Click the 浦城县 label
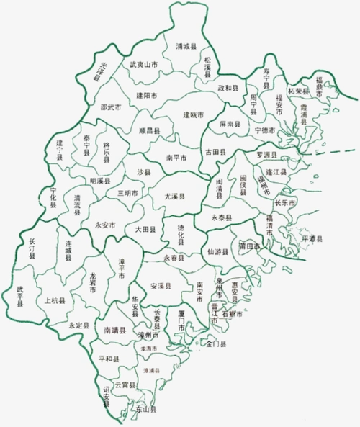pos(186,46)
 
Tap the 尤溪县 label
pos(173,197)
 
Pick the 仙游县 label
pos(217,252)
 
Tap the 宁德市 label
pos(266,131)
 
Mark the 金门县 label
pos(215,345)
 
